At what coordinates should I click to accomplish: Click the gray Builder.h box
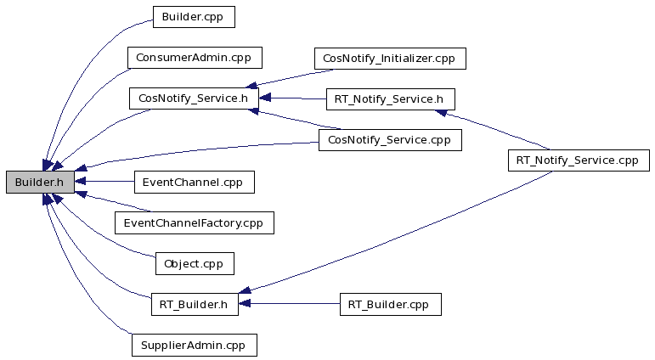tap(40, 182)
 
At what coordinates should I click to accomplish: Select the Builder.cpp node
tap(194, 17)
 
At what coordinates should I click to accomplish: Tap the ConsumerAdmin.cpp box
tap(195, 58)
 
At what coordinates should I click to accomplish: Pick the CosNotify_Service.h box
tap(194, 98)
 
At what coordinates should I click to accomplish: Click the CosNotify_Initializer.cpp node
tap(390, 59)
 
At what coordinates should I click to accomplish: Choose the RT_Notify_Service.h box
tap(391, 99)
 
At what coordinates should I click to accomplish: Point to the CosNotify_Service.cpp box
tap(390, 140)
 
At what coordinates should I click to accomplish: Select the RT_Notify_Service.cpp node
tap(579, 160)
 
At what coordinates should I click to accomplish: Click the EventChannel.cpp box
tap(195, 182)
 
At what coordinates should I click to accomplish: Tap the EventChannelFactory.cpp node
tap(195, 222)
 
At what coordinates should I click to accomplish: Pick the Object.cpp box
tap(195, 263)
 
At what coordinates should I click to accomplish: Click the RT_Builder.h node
tap(195, 305)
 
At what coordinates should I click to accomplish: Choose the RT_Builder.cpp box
tap(390, 305)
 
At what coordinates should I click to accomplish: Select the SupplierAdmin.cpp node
tap(195, 345)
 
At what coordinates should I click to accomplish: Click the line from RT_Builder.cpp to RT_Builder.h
tap(289, 304)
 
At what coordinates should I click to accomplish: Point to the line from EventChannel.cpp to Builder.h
tap(104, 181)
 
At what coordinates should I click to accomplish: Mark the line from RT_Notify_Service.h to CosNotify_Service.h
tap(292, 98)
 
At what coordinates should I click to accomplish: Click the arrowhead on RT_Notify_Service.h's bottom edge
tap(441, 113)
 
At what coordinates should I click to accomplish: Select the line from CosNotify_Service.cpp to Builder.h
tap(196, 149)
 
